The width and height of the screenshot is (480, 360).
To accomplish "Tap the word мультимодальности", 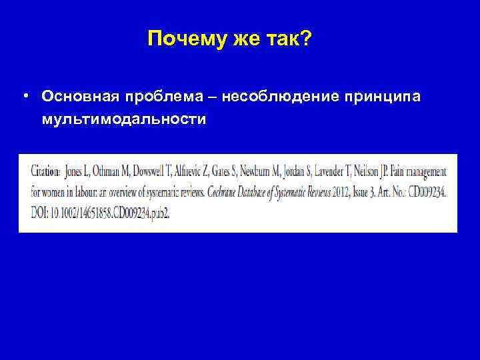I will coord(123,120).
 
